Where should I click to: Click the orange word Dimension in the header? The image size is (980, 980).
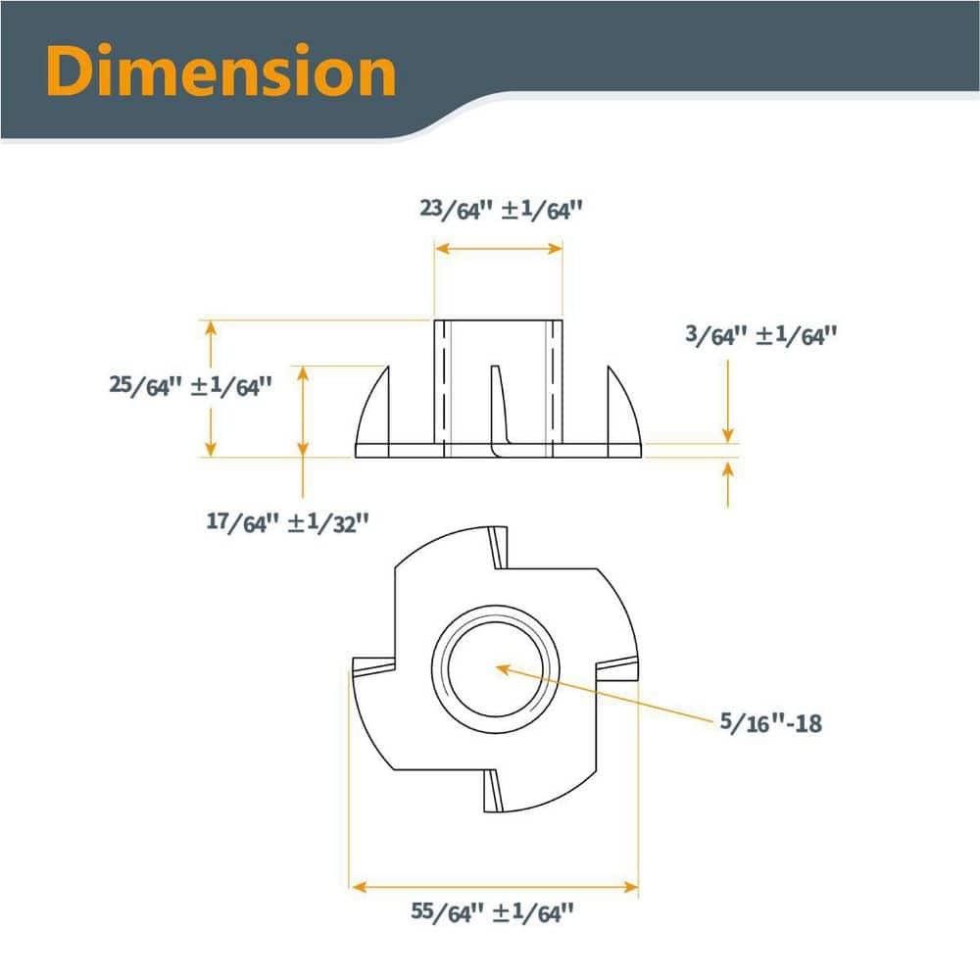pyautogui.click(x=220, y=70)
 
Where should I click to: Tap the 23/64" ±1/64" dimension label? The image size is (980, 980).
pyautogui.click(x=501, y=210)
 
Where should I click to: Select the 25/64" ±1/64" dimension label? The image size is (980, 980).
pyautogui.click(x=191, y=385)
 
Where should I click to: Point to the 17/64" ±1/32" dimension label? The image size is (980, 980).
pyautogui.click(x=287, y=522)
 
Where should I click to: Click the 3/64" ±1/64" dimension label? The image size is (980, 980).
pyautogui.click(x=760, y=335)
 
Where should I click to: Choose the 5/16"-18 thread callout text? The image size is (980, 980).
pyautogui.click(x=770, y=722)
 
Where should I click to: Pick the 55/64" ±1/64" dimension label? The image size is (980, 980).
pyautogui.click(x=492, y=912)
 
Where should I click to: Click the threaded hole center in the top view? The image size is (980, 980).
pyautogui.click(x=495, y=669)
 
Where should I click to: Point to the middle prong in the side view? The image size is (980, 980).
pyautogui.click(x=499, y=410)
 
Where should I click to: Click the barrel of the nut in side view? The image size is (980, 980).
pyautogui.click(x=498, y=382)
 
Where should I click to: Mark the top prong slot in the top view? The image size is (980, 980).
pyautogui.click(x=498, y=548)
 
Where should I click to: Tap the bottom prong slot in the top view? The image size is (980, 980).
pyautogui.click(x=493, y=791)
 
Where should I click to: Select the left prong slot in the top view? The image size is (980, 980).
pyautogui.click(x=373, y=666)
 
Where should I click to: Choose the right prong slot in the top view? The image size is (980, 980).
pyautogui.click(x=617, y=670)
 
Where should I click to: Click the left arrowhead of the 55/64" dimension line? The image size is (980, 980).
pyautogui.click(x=359, y=887)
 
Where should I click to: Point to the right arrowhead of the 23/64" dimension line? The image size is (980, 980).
pyautogui.click(x=555, y=249)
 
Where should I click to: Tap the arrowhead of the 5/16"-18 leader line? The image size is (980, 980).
pyautogui.click(x=503, y=669)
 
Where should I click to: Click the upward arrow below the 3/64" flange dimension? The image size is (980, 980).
pyautogui.click(x=727, y=484)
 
